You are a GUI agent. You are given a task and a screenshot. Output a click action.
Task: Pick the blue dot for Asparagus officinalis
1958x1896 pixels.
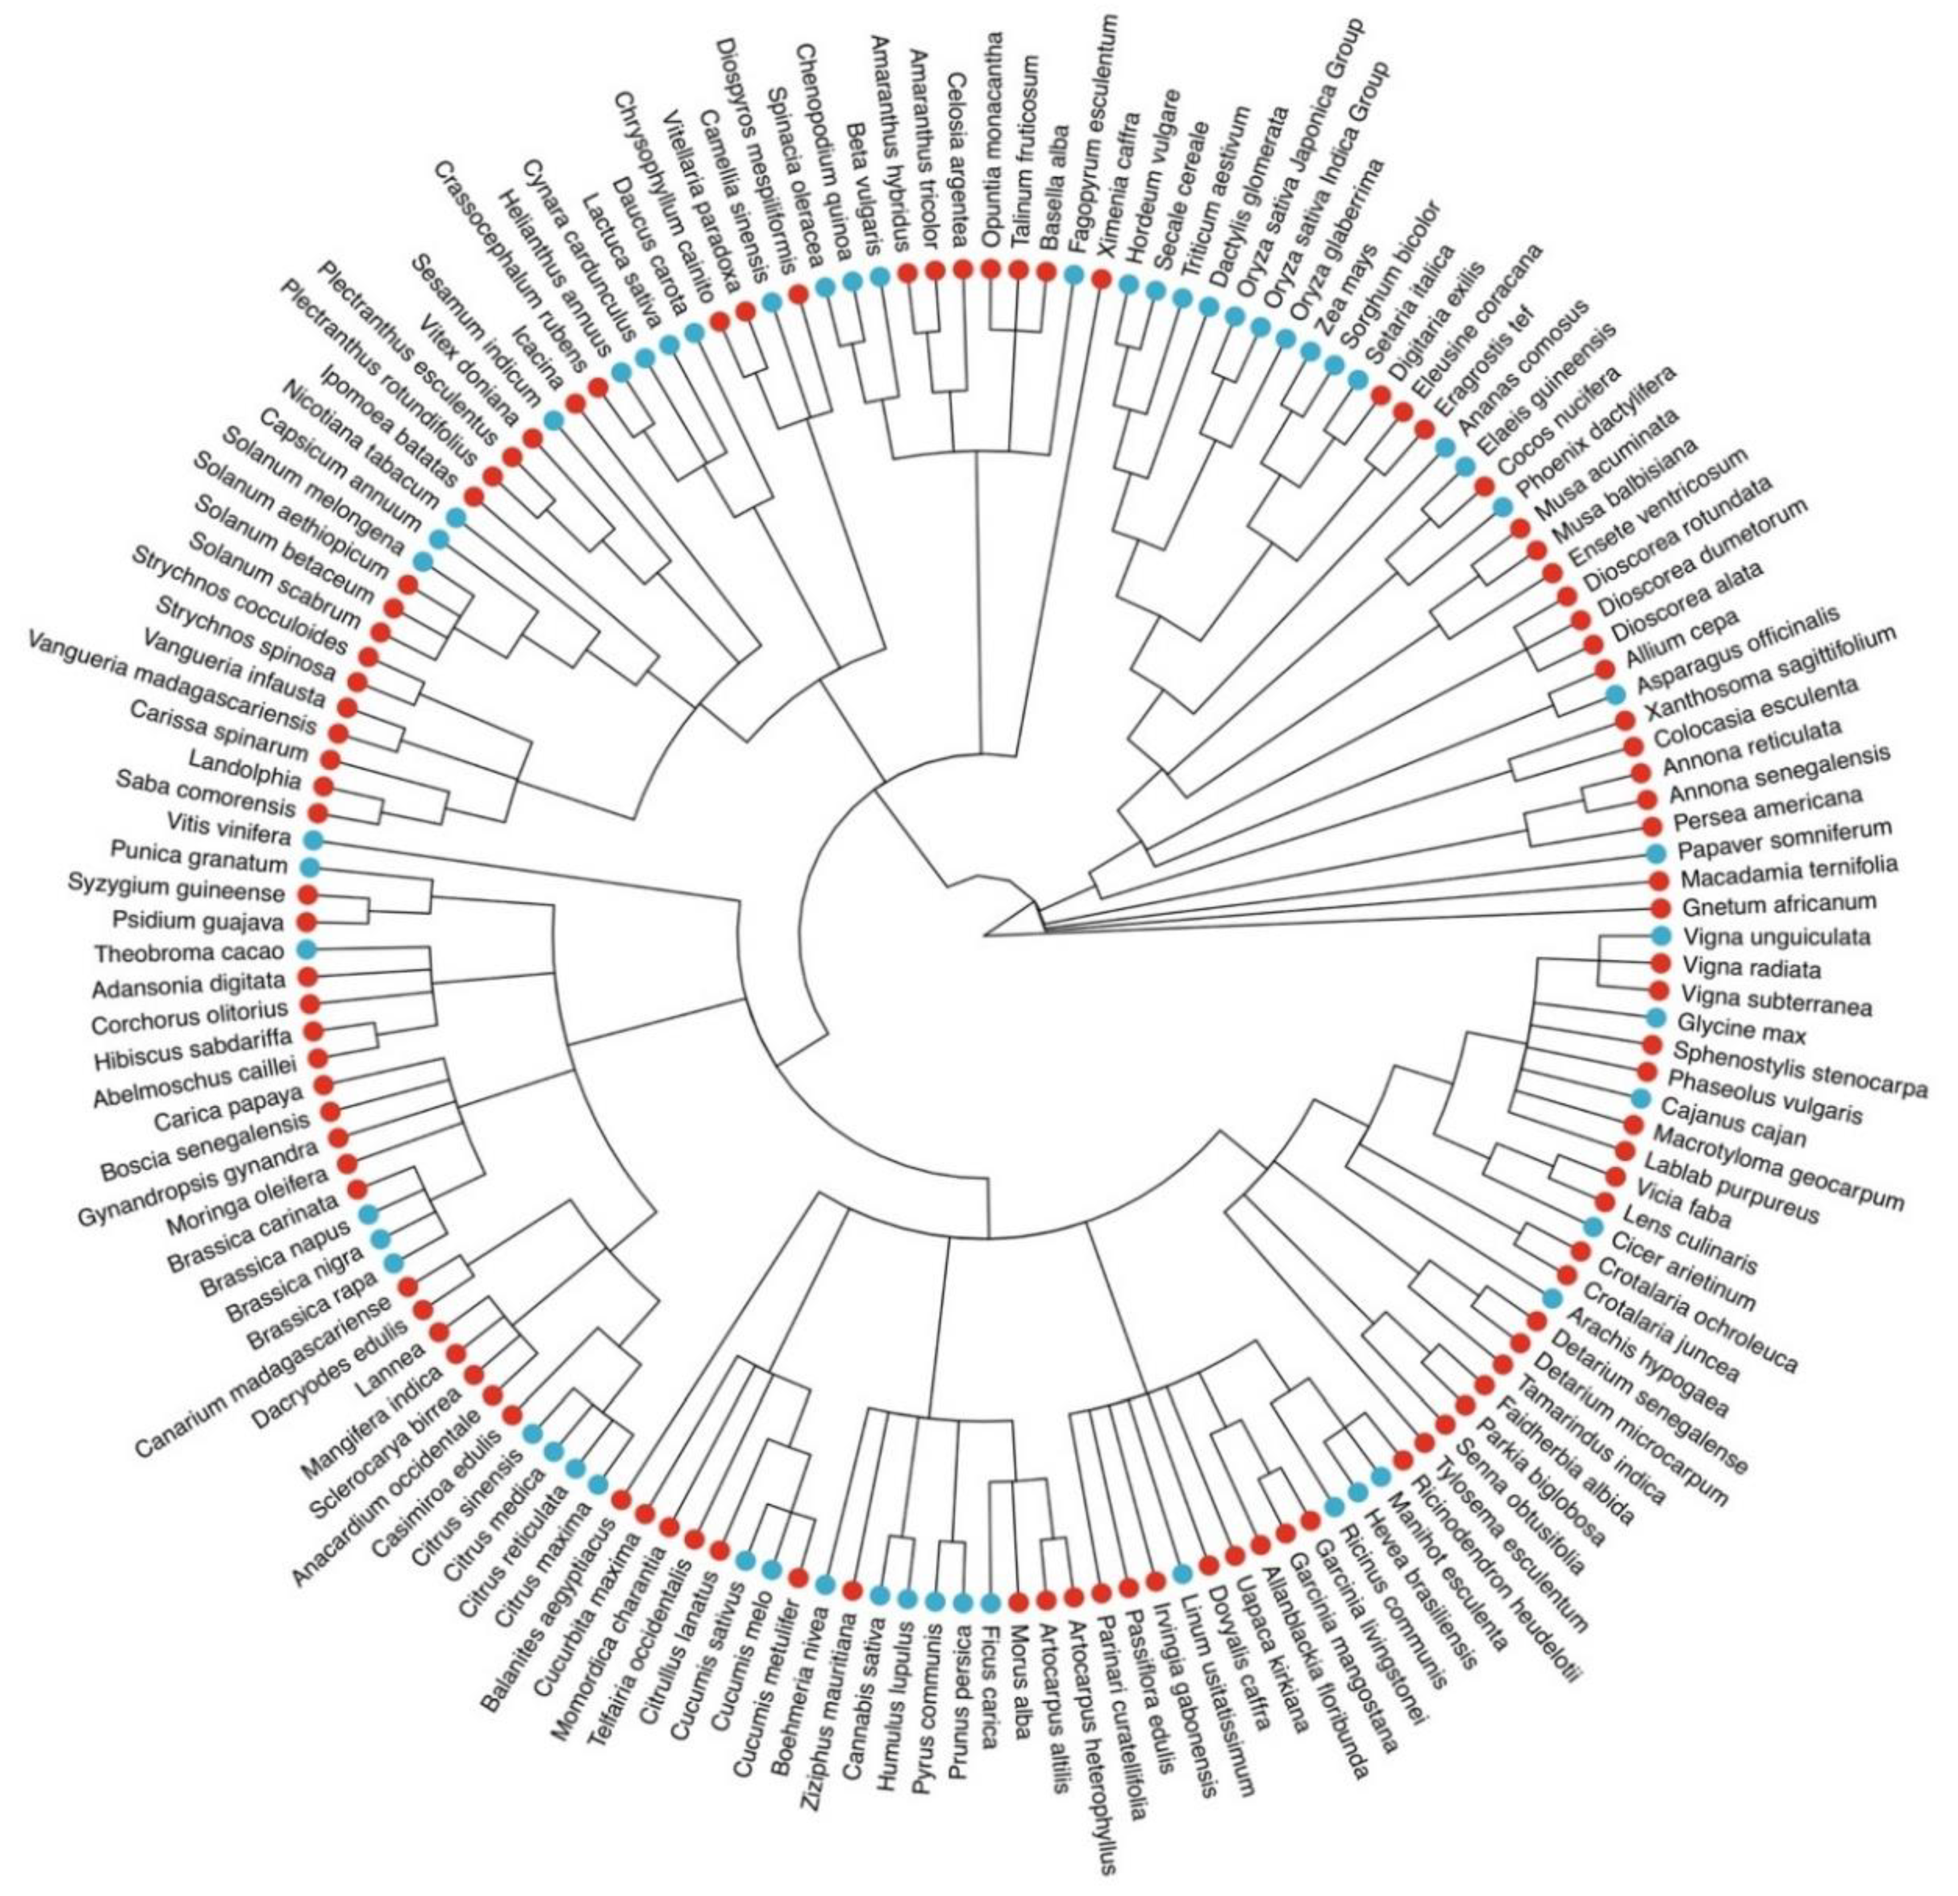pos(1616,693)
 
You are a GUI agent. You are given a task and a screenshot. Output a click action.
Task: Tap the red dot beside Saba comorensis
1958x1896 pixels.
pos(318,812)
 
